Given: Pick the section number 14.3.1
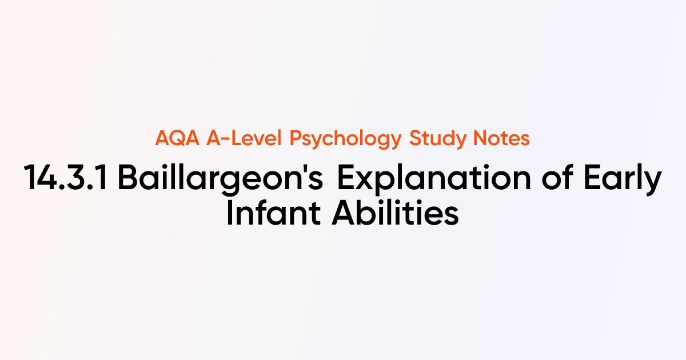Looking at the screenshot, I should [x=68, y=179].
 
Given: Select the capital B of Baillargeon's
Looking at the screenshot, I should [x=129, y=179].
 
